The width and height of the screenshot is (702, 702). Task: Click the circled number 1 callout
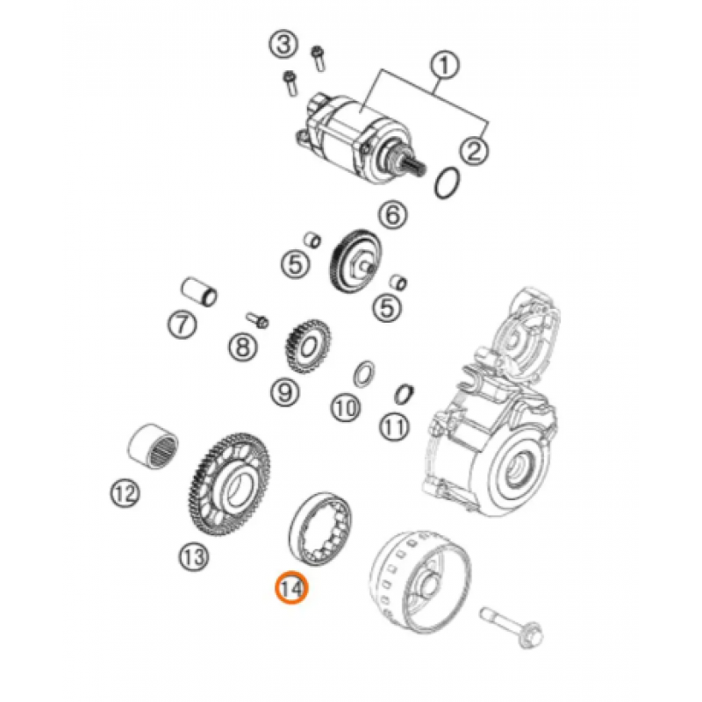[x=444, y=65]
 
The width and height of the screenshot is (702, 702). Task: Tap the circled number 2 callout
[x=474, y=150]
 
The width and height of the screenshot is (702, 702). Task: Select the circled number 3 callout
[x=283, y=45]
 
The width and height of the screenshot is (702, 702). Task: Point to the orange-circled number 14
[x=292, y=587]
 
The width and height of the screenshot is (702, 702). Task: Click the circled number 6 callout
[x=392, y=214]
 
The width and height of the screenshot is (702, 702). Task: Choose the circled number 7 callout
[x=182, y=324]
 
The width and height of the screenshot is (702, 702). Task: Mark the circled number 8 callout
[x=243, y=346]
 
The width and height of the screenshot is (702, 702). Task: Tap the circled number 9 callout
[x=285, y=392]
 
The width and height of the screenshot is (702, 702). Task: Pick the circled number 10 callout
[x=346, y=408]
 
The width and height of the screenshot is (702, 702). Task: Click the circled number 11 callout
[x=394, y=426]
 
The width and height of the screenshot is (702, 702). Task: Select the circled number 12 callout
[x=125, y=493]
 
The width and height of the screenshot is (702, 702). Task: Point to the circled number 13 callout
[x=194, y=556]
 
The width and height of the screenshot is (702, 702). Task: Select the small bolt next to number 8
[x=257, y=319]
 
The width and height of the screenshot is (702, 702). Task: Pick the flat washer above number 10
[x=364, y=372]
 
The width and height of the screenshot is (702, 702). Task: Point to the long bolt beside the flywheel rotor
[x=512, y=627]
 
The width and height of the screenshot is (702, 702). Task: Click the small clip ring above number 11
[x=404, y=394]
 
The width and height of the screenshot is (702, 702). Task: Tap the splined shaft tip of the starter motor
[x=418, y=170]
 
